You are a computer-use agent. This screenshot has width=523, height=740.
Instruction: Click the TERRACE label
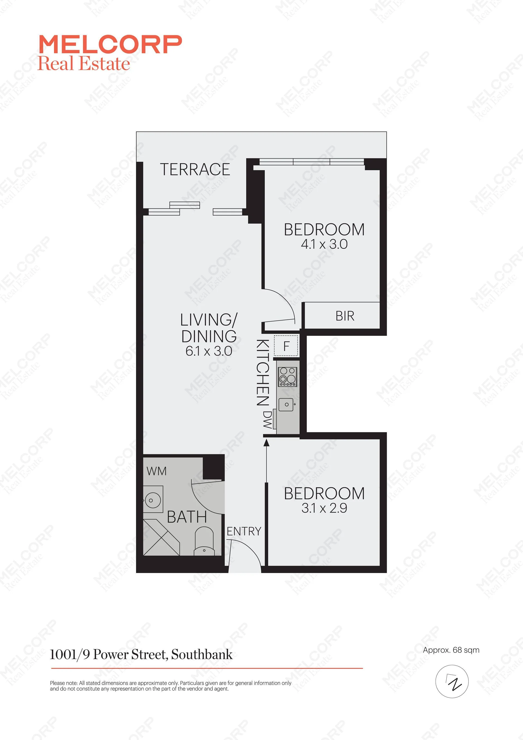point(195,170)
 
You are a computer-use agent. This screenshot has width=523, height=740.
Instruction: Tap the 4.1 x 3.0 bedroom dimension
point(324,244)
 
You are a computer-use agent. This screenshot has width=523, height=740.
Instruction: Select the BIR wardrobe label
point(345,316)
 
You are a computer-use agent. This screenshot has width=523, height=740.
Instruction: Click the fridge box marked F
point(286,346)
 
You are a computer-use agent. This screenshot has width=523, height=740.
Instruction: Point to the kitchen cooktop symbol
point(288,377)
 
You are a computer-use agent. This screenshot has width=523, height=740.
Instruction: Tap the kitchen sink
point(286,405)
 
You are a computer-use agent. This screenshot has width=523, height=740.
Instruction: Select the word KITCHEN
point(262,372)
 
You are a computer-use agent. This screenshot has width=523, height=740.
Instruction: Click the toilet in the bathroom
point(204,541)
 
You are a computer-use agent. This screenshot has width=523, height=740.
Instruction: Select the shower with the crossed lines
point(161,537)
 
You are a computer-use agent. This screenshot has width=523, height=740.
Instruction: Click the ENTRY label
point(244,531)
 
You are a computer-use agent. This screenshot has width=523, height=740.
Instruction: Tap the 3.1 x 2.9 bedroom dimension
point(324,508)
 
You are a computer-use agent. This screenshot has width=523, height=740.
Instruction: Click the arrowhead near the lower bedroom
point(266,443)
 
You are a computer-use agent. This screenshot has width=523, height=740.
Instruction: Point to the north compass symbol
point(452,681)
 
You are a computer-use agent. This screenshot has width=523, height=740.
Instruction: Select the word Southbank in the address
point(202,655)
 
